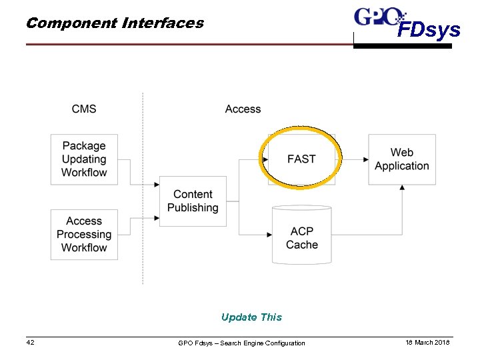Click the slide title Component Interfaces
[115, 23]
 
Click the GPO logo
[379, 16]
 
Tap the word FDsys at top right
[429, 30]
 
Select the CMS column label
[84, 109]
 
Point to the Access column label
[243, 109]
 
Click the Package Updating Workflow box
[84, 159]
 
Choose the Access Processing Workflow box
[84, 234]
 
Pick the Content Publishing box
[193, 201]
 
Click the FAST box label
[301, 159]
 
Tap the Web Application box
[402, 159]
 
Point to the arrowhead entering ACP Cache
[269, 235]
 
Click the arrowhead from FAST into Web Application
[365, 160]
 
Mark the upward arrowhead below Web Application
[402, 188]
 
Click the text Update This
[251, 317]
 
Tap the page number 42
[30, 342]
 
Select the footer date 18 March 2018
[427, 342]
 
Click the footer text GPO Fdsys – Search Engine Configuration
[241, 343]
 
